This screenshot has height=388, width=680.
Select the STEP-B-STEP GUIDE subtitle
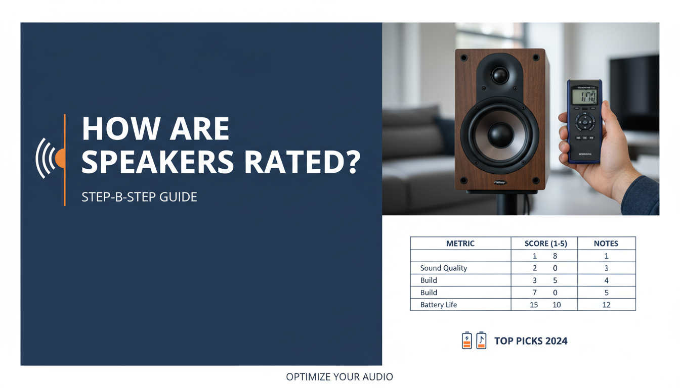pyautogui.click(x=139, y=197)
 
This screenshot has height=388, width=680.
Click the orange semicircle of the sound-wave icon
pyautogui.click(x=61, y=158)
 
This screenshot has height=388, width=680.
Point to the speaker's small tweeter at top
pyautogui.click(x=499, y=76)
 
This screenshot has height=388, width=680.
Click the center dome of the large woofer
pyautogui.click(x=500, y=134)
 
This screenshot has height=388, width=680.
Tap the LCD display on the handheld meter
pyautogui.click(x=584, y=96)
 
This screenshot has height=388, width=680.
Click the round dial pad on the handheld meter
pyautogui.click(x=585, y=121)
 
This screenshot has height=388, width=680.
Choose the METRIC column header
pyautogui.click(x=460, y=244)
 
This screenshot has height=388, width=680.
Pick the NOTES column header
pyautogui.click(x=606, y=244)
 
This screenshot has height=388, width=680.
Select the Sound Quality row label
pyautogui.click(x=444, y=268)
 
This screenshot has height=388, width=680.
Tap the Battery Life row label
pyautogui.click(x=439, y=305)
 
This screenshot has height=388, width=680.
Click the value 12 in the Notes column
pyautogui.click(x=606, y=305)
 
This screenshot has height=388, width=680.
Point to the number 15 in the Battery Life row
pyautogui.click(x=533, y=305)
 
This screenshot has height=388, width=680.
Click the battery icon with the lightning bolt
pyautogui.click(x=466, y=341)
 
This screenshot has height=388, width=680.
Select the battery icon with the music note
pyautogui.click(x=481, y=341)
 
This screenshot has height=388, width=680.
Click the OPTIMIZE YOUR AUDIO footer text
pyautogui.click(x=339, y=377)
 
